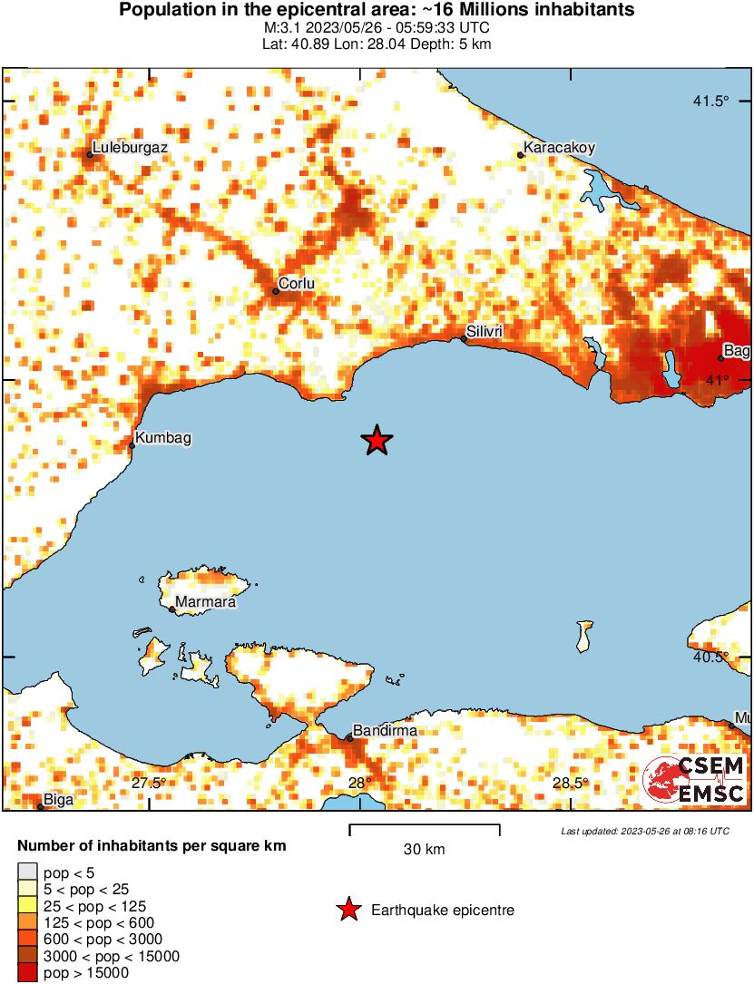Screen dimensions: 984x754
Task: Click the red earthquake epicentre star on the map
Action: click(377, 441)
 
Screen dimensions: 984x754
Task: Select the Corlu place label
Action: click(296, 283)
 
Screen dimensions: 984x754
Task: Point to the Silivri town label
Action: click(484, 331)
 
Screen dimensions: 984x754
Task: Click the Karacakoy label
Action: click(559, 146)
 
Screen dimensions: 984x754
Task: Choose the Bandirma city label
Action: click(385, 730)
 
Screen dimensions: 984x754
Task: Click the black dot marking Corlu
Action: click(276, 291)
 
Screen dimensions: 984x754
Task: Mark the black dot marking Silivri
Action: click(464, 339)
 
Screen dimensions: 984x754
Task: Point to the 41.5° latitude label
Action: click(710, 101)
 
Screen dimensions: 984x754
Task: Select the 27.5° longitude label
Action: click(149, 783)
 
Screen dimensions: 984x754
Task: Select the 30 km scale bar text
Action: click(424, 849)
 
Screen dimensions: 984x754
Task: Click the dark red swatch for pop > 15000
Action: click(27, 973)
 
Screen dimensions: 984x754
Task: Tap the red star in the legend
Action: click(348, 910)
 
